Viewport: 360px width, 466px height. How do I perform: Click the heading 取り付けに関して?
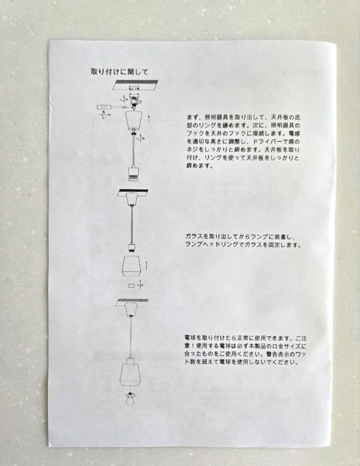(119, 72)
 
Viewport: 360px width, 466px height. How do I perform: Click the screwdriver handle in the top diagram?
(103, 107)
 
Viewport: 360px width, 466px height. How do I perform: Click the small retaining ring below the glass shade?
(131, 286)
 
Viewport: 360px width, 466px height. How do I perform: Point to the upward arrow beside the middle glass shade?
(146, 265)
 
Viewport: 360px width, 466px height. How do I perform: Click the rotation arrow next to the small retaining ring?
(140, 285)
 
